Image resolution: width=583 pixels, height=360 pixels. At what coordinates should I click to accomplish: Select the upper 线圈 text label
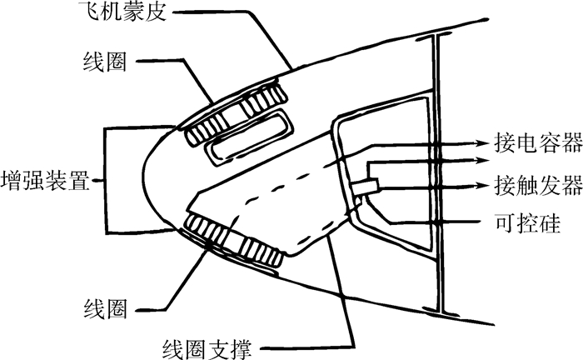[104, 64]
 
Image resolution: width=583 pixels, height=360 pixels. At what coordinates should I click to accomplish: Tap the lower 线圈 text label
[104, 310]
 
